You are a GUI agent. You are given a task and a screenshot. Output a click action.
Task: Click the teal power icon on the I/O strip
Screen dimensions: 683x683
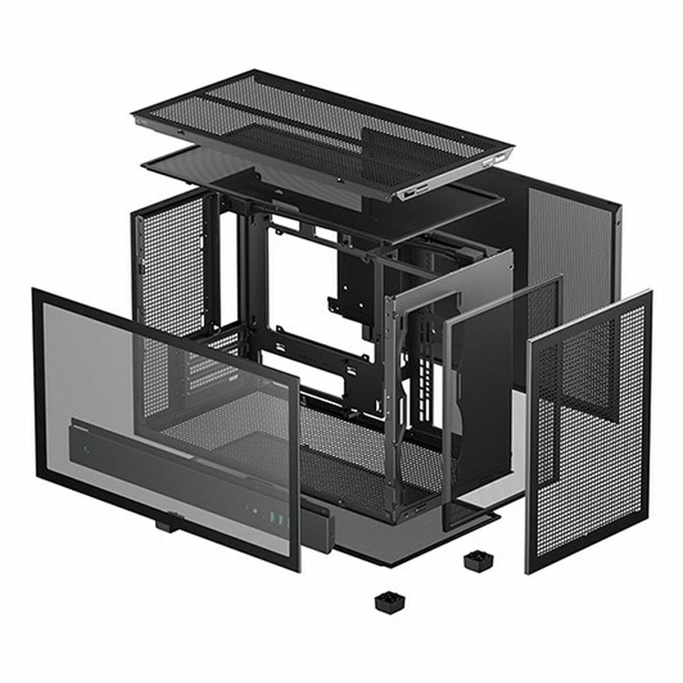(x=87, y=450)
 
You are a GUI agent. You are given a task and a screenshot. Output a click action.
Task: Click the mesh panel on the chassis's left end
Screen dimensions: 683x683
(x=171, y=262)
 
